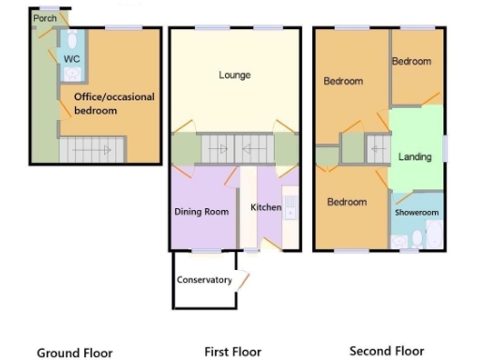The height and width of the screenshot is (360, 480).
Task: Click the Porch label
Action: pyautogui.click(x=45, y=18)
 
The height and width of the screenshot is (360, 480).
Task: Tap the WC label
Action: pyautogui.click(x=72, y=59)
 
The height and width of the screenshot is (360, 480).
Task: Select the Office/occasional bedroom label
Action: pyautogui.click(x=115, y=103)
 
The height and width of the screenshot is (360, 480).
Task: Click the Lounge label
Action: pyautogui.click(x=234, y=75)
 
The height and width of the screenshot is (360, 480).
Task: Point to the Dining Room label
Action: pyautogui.click(x=202, y=212)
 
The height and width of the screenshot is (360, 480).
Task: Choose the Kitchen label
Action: pyautogui.click(x=266, y=207)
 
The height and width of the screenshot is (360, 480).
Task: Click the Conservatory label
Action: pyautogui.click(x=203, y=280)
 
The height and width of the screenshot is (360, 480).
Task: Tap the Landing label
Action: pyautogui.click(x=414, y=157)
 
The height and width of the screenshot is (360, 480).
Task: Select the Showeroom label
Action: pyautogui.click(x=416, y=213)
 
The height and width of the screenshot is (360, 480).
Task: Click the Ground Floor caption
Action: pyautogui.click(x=75, y=353)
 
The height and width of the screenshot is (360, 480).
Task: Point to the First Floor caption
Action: pyautogui.click(x=234, y=352)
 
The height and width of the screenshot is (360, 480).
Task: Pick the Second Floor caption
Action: pyautogui.click(x=386, y=352)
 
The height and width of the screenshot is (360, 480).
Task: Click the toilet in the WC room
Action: pyautogui.click(x=72, y=39)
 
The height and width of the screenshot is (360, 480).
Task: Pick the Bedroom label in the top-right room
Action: pyautogui.click(x=412, y=62)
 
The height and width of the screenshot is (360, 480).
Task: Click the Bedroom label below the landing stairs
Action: pyautogui.click(x=346, y=202)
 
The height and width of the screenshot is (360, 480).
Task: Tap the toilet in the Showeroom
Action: pyautogui.click(x=404, y=242)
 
